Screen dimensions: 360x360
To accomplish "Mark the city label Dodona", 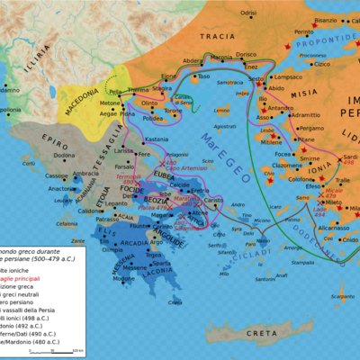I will [64, 155].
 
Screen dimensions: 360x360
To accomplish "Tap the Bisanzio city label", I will [325, 19].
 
